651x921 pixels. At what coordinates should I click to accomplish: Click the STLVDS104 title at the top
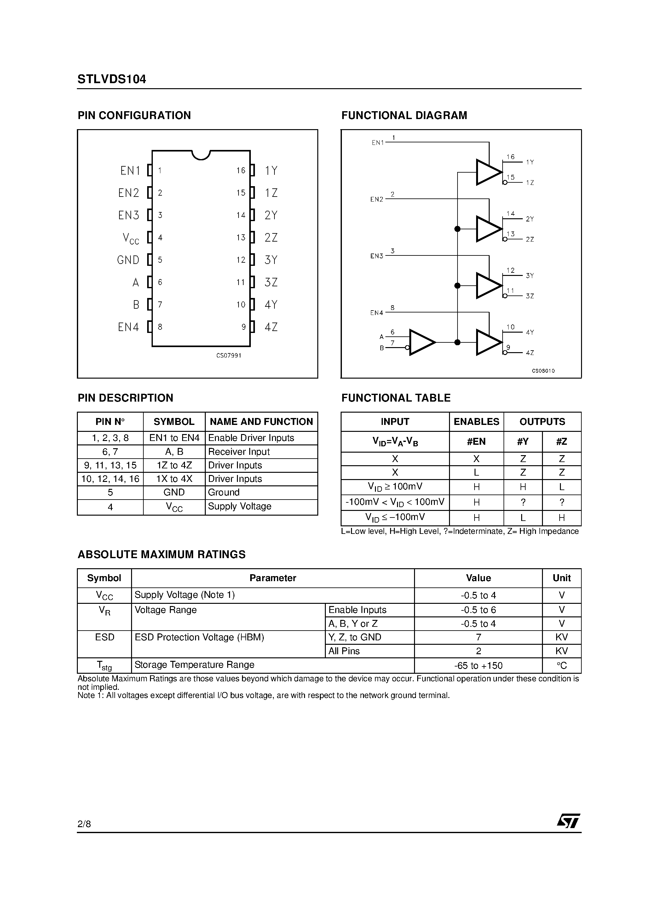112,79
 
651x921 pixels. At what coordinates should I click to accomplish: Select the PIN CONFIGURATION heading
134,116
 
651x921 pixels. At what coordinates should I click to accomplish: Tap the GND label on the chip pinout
128,260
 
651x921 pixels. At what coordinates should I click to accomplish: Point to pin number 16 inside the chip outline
240,170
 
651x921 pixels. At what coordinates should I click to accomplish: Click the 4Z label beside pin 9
271,327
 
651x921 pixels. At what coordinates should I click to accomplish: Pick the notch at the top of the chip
201,154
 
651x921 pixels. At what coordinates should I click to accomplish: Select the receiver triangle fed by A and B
421,342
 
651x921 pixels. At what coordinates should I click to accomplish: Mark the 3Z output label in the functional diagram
530,296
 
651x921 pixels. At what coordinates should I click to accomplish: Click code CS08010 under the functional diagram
543,371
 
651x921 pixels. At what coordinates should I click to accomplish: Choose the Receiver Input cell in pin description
239,452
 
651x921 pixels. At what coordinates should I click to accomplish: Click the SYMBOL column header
174,421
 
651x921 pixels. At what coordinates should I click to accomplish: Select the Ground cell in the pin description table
223,492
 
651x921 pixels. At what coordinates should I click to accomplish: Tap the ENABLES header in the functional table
476,421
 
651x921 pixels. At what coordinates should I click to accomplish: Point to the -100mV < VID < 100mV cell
395,502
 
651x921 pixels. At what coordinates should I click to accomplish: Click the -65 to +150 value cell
478,666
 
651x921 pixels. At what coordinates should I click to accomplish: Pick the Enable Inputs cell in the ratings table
357,610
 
